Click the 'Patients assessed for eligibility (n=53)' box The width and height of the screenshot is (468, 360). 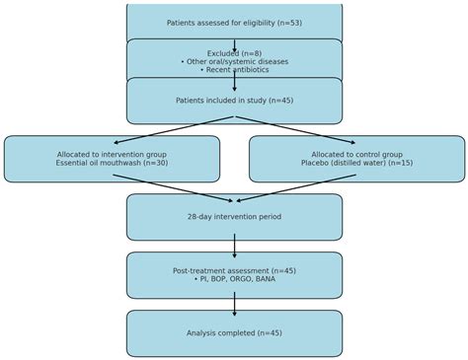(234, 22)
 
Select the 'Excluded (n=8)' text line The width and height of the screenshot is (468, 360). (234, 53)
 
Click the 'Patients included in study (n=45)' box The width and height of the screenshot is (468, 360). (234, 101)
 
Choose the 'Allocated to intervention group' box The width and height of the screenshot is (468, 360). (112, 159)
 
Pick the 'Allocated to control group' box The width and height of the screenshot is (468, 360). (356, 159)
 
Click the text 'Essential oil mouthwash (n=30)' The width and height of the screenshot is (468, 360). (112, 164)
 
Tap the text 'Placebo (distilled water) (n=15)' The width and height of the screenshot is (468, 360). (356, 164)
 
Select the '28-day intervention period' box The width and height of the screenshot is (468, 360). (234, 217)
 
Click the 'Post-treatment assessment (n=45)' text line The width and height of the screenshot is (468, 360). (234, 271)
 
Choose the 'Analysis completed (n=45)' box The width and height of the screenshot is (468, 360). (234, 333)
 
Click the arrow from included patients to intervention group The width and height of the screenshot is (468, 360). (173, 130)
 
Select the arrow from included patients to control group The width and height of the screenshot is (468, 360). (296, 130)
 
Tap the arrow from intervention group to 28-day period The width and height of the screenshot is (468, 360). (173, 188)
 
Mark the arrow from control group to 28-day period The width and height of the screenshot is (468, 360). (296, 188)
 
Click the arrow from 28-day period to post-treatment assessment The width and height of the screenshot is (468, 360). (234, 246)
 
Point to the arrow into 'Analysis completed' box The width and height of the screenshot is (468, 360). (234, 304)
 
